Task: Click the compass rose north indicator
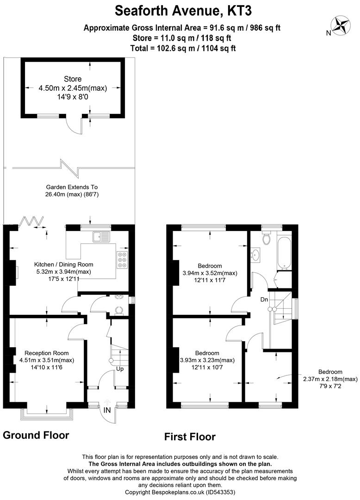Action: (x=341, y=25)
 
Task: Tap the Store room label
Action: (x=73, y=78)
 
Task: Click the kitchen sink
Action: (x=100, y=237)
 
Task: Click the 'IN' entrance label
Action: (x=107, y=410)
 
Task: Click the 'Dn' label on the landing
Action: (x=264, y=300)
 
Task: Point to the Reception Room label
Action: (x=46, y=353)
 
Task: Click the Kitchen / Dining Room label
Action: (x=60, y=264)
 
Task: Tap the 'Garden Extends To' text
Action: (x=72, y=187)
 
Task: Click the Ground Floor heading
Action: (x=36, y=435)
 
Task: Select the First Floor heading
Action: (x=190, y=437)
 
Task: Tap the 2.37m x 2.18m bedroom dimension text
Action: (x=330, y=379)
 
